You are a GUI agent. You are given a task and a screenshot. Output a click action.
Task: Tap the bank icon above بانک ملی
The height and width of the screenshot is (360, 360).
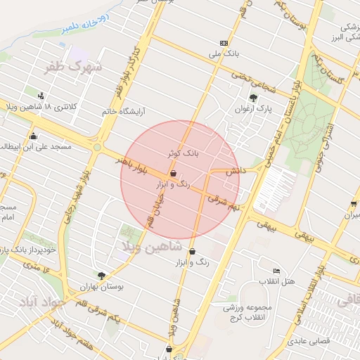(224, 43)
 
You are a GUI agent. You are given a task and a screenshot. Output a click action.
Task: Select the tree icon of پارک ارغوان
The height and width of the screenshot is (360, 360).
(253, 98)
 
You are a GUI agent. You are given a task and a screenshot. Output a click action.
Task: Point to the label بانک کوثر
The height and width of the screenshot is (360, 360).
(184, 152)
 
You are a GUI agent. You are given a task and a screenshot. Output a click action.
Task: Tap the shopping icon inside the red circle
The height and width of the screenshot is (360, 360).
(173, 174)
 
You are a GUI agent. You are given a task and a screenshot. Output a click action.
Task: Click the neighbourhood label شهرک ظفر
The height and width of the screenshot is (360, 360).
(73, 68)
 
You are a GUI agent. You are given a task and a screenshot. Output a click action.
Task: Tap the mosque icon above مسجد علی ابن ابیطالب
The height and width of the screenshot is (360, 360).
(33, 136)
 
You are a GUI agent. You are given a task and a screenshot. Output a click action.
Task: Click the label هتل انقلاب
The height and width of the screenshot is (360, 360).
(278, 282)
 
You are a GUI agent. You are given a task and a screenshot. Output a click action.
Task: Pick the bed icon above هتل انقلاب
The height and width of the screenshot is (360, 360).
(277, 271)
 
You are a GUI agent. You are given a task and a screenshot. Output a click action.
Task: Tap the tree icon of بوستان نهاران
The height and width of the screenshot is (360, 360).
(102, 276)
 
